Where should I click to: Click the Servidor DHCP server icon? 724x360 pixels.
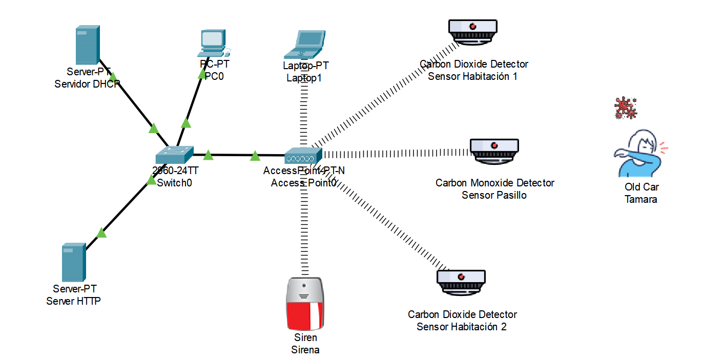[88, 45]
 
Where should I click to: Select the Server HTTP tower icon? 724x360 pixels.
[74, 262]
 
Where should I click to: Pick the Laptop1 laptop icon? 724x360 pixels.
[305, 45]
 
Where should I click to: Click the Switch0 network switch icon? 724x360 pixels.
[175, 155]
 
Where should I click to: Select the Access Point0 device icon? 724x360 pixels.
[303, 156]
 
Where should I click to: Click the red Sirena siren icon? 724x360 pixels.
[305, 304]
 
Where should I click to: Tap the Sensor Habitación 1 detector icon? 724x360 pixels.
[472, 32]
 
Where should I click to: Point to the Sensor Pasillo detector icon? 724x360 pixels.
[494, 151]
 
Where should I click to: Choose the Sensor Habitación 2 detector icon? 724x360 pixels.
[461, 283]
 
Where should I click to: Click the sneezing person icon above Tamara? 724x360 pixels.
[640, 153]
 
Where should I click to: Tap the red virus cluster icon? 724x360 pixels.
[626, 108]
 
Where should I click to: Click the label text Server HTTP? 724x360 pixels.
[73, 301]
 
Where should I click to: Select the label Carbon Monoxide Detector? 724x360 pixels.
[495, 183]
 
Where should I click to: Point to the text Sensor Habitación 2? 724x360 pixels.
[461, 327]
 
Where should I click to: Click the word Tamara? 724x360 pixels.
[640, 199]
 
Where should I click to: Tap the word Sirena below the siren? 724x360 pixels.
[305, 350]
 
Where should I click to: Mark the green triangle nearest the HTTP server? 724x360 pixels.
[101, 232]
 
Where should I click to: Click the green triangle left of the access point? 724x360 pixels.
[255, 156]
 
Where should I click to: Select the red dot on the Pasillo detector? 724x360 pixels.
[494, 145]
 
